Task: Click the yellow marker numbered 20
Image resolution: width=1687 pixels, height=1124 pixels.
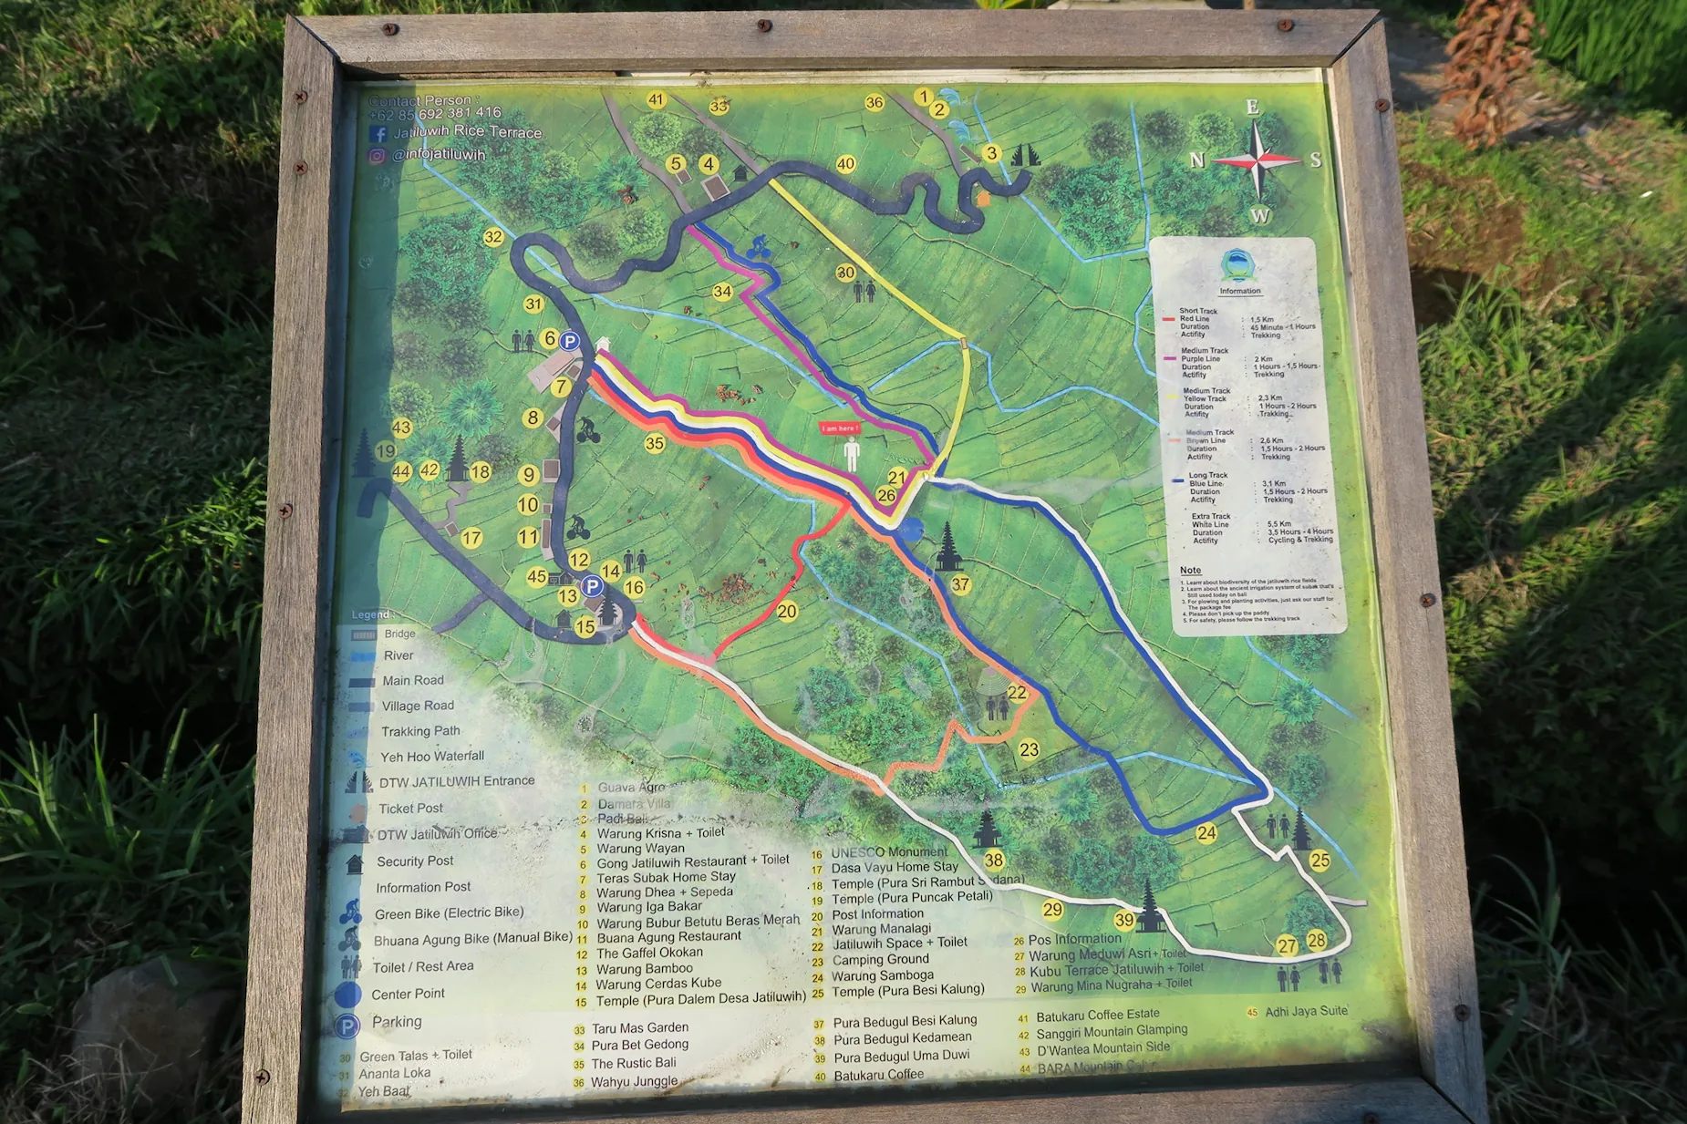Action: click(787, 611)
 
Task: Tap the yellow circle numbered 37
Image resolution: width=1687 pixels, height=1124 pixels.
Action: click(960, 584)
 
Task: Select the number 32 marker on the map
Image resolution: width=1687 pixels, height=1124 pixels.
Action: click(493, 237)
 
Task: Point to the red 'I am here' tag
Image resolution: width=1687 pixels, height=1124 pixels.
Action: click(839, 428)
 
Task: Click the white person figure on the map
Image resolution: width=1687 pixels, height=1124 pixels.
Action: click(852, 453)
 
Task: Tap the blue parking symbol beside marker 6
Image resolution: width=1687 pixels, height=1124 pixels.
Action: click(570, 342)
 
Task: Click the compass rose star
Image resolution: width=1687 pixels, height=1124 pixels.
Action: click(1257, 160)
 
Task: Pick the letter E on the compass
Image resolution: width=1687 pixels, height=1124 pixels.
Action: click(1253, 108)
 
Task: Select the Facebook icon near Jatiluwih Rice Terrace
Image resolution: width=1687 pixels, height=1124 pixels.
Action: click(378, 134)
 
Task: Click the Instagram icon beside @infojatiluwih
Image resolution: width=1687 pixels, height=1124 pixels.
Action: click(377, 156)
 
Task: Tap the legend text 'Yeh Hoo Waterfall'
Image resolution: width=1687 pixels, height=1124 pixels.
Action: click(432, 757)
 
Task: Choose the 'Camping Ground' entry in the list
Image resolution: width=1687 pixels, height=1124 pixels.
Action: click(880, 959)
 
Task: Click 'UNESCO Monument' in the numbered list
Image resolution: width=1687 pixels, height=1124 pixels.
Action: click(889, 852)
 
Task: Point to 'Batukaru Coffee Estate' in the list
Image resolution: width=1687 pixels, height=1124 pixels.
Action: click(1098, 1015)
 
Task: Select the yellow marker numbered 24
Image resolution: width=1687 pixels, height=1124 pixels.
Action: click(1206, 832)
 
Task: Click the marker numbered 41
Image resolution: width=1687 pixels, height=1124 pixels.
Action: click(657, 100)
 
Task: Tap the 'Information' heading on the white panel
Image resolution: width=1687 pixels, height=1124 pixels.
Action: click(1240, 291)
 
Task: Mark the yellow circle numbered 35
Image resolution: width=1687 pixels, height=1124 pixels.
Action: click(655, 444)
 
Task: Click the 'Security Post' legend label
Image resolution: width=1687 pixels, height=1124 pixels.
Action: click(415, 861)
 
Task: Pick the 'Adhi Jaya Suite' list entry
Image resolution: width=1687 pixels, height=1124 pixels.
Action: click(1306, 1011)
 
